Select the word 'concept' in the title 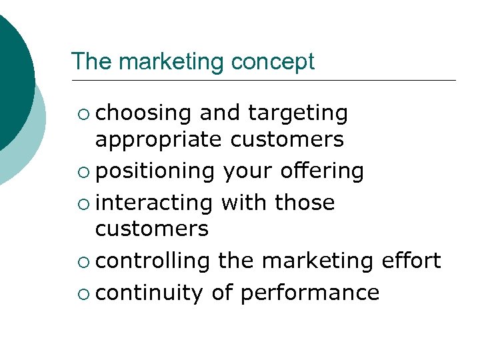[273, 62]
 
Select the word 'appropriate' [159, 140]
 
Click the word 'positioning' [155, 171]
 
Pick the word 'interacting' [154, 202]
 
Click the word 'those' [305, 202]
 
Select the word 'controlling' [153, 261]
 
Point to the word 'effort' [411, 261]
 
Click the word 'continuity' [149, 292]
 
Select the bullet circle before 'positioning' [82, 173]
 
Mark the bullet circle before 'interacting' [82, 203]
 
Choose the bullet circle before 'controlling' [82, 262]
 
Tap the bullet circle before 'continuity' [82, 293]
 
